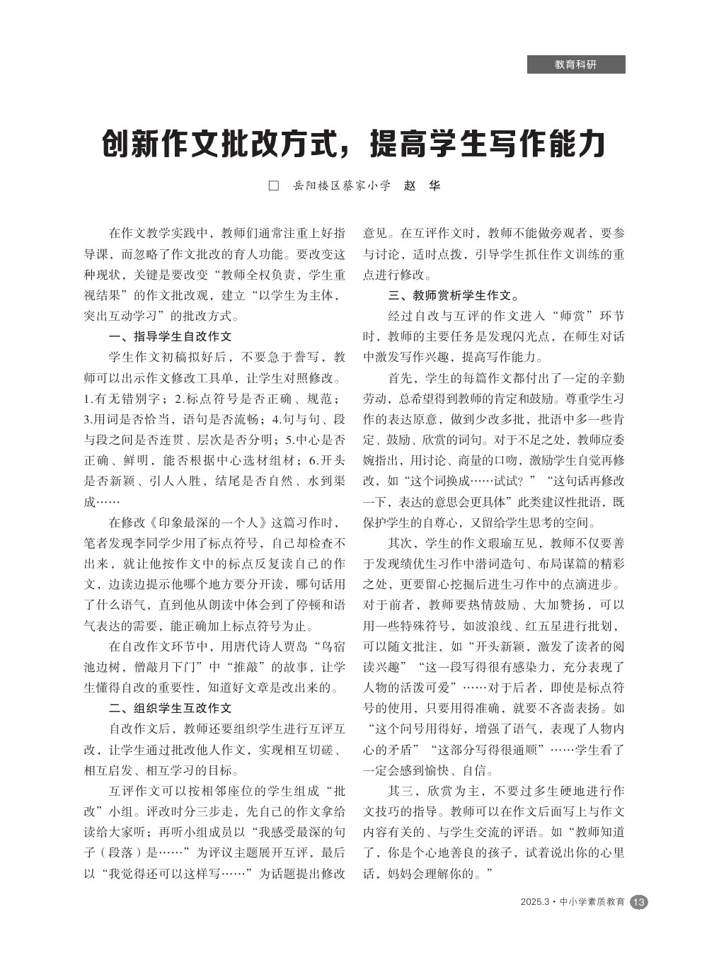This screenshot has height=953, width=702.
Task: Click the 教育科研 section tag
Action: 575,64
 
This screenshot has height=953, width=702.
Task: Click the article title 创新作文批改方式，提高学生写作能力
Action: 353,144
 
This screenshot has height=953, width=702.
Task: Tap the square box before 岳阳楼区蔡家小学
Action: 274,186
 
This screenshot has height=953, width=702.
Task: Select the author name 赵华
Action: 422,186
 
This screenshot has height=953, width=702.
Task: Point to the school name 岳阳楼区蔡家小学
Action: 341,186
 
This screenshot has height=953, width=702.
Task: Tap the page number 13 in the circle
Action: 638,902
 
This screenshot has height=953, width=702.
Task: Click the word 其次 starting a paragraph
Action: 400,543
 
